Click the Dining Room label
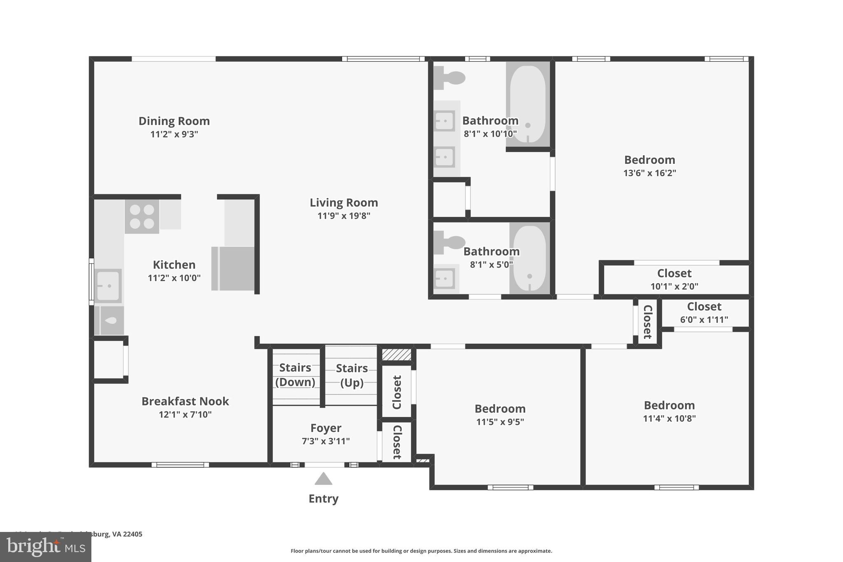(174, 121)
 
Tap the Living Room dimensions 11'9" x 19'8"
(344, 216)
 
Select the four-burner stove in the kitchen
(142, 217)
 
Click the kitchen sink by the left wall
(108, 286)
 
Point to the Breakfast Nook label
(185, 401)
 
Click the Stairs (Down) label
(295, 375)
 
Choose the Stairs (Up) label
(352, 375)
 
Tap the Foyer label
(326, 428)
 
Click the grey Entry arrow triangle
(324, 479)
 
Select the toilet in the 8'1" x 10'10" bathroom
(449, 78)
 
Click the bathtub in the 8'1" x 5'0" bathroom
(530, 259)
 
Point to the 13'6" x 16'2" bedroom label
(650, 160)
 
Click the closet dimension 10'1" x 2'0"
(674, 286)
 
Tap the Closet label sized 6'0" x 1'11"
(704, 307)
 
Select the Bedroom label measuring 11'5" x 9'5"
(500, 409)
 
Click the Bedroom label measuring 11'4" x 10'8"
(669, 406)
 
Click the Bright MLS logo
(45, 547)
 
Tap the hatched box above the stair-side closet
(396, 354)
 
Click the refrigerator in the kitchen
(233, 268)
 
